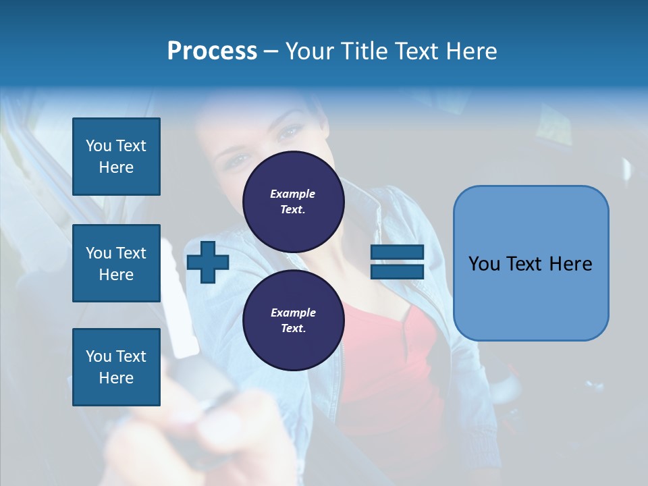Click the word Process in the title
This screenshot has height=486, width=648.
[212, 51]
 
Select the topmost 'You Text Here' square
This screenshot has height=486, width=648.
[116, 157]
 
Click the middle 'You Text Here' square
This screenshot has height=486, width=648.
[116, 263]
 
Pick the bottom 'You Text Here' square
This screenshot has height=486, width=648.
[116, 367]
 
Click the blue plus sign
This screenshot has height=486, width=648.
[208, 262]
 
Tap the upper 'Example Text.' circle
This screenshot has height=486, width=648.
[293, 202]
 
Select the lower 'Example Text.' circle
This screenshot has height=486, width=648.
[293, 321]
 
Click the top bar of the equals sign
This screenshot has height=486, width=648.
[397, 252]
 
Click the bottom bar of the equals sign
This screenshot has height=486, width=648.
[397, 271]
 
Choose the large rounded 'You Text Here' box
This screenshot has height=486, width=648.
[531, 297]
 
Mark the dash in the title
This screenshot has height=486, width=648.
[271, 51]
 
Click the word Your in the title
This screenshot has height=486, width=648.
[310, 51]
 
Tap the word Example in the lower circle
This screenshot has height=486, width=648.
[293, 313]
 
